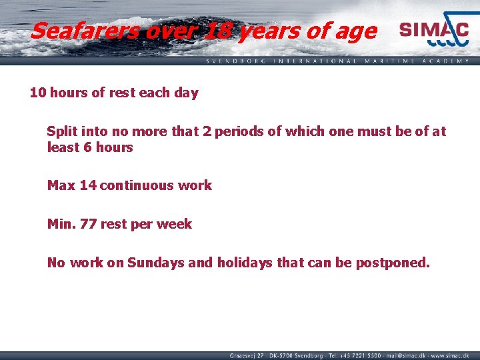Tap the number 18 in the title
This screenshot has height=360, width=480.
(216, 31)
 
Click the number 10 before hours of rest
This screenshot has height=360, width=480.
(37, 93)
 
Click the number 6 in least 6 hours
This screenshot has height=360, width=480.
(88, 147)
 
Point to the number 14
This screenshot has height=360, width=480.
(87, 185)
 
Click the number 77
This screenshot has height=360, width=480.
(87, 224)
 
